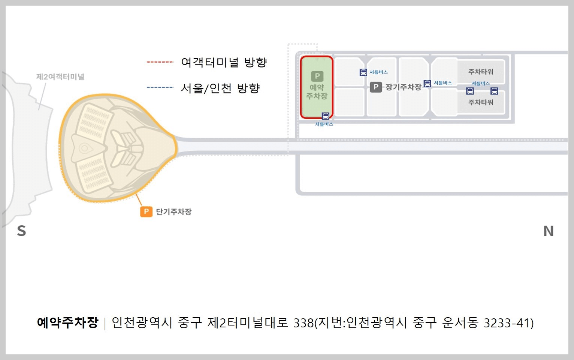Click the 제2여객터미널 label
(x=60, y=77)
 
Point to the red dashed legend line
(x=160, y=62)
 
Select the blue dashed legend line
(x=160, y=87)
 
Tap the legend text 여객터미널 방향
(x=224, y=62)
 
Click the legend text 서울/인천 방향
(x=220, y=88)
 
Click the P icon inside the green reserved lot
(x=317, y=76)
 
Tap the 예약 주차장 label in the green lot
(x=317, y=92)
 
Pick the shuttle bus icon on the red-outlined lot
(x=326, y=116)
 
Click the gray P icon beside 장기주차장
(x=376, y=87)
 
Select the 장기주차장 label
(x=403, y=87)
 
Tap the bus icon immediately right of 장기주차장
(x=427, y=83)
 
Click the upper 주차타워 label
(x=481, y=72)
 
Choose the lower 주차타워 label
(x=481, y=102)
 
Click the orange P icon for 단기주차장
(x=146, y=212)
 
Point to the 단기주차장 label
(x=173, y=212)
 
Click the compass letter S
(x=22, y=231)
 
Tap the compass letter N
(x=549, y=231)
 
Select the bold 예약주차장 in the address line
(x=68, y=322)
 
